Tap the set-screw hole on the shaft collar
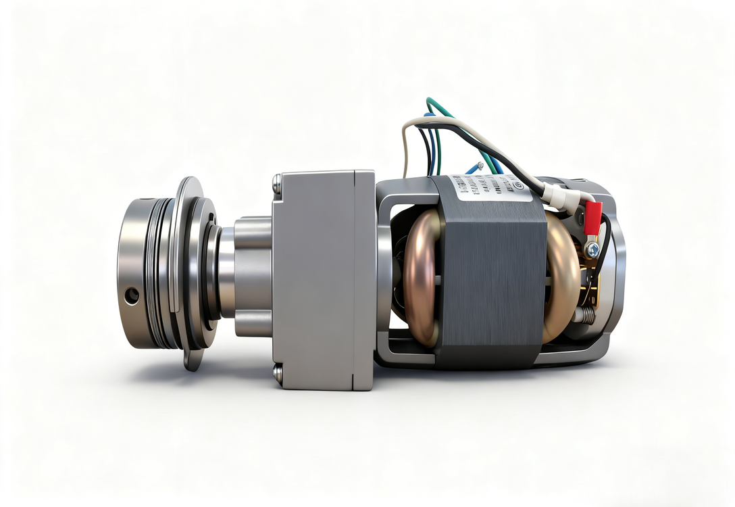click(132, 295)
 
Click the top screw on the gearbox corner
click(277, 180)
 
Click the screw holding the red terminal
click(592, 249)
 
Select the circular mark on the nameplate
click(518, 185)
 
